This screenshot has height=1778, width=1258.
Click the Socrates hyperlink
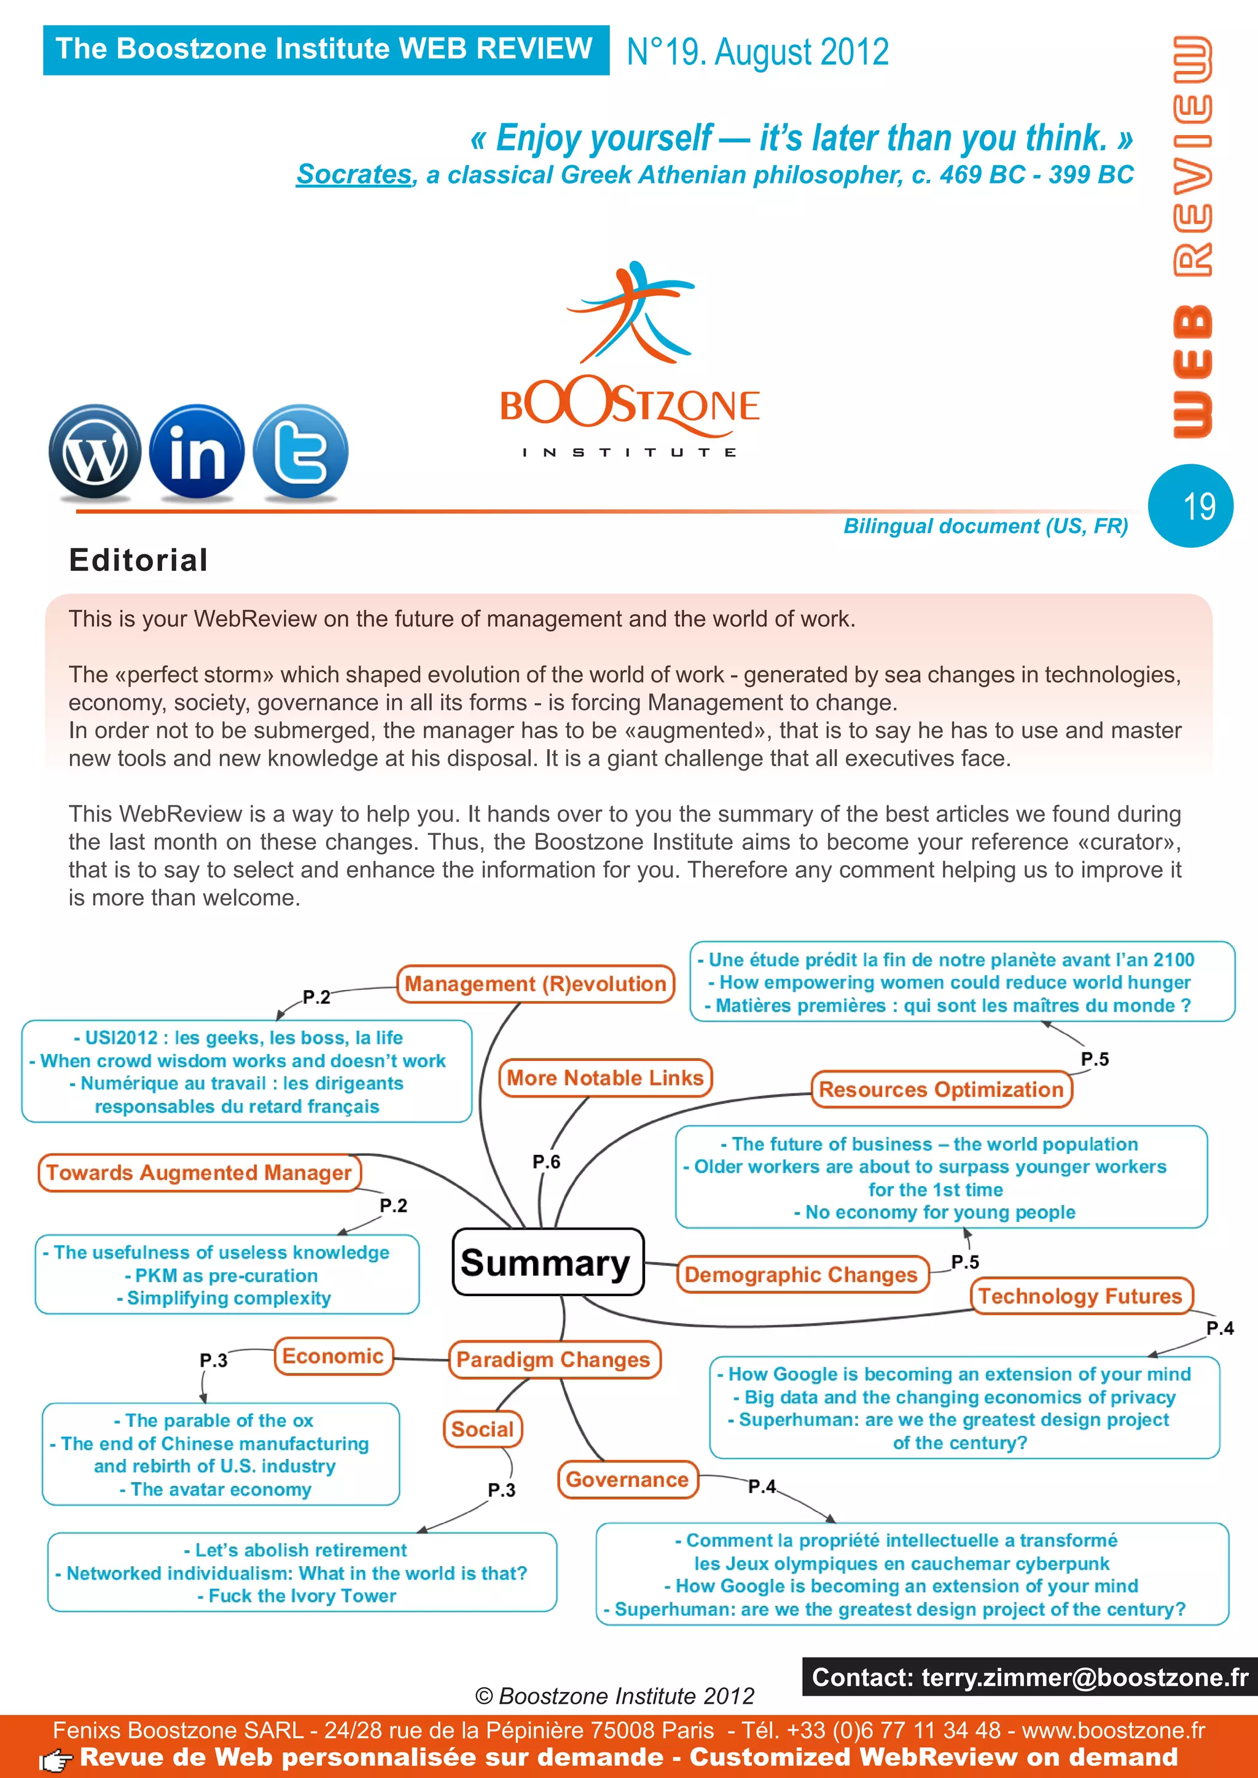pos(353,175)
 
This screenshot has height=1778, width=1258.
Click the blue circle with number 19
pos(1190,507)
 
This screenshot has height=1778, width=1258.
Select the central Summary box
pos(548,1262)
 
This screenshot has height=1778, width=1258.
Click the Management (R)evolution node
pos(535,984)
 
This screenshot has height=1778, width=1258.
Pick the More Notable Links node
pos(605,1078)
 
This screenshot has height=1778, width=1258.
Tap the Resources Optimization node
pos(941,1090)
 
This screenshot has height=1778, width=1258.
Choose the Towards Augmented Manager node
pos(199,1173)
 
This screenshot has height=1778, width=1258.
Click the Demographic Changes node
pos(801,1275)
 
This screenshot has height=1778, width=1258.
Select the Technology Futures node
pos(1080,1295)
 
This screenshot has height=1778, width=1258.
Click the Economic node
pos(333,1356)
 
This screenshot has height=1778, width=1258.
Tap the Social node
pos(483,1429)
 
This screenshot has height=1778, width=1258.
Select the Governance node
pos(627,1480)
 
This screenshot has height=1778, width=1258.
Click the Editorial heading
pos(139,560)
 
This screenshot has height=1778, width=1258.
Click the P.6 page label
pos(546,1162)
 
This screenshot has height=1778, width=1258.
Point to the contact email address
pos(1085,1677)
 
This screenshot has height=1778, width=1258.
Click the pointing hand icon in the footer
pos(56,1760)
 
